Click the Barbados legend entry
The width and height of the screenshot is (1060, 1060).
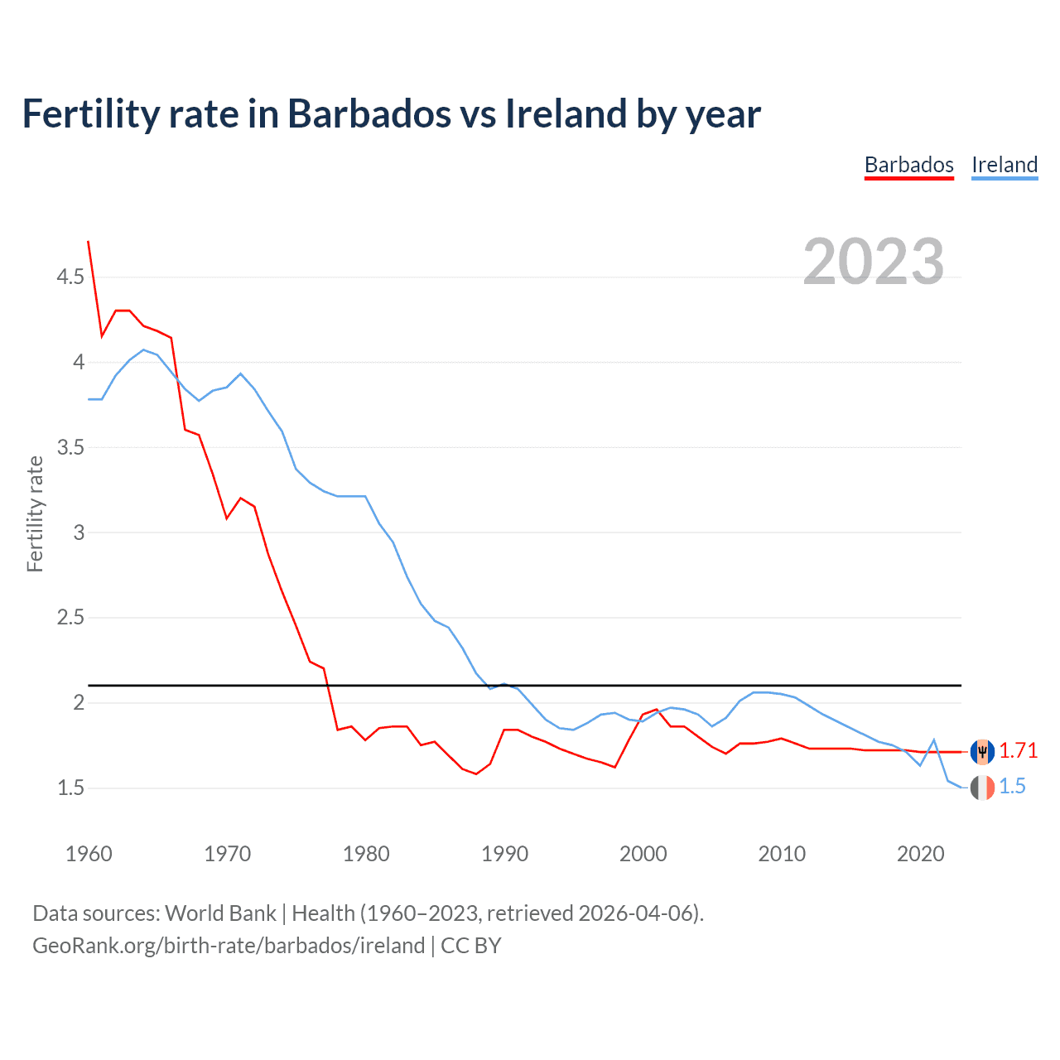pos(908,165)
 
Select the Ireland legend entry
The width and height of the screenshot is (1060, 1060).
pos(1004,165)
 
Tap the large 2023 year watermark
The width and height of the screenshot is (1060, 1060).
pos(874,262)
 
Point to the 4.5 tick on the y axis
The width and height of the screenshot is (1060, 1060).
pos(70,277)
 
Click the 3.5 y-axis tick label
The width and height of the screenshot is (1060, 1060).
pos(70,447)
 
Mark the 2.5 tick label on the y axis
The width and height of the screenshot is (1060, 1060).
pos(70,618)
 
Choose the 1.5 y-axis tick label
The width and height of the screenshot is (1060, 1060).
pos(70,788)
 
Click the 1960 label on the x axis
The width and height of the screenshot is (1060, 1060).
pos(89,854)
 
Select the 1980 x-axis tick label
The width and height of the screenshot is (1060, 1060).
pos(366,854)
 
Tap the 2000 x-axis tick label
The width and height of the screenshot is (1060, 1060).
pos(643,854)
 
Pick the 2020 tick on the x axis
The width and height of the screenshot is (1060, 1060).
pos(920,854)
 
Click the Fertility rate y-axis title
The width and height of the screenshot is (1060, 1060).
pos(35,513)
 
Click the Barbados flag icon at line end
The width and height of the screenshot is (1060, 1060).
pos(982,751)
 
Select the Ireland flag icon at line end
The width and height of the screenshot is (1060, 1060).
pos(982,788)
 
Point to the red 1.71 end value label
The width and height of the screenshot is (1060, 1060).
pos(1018,750)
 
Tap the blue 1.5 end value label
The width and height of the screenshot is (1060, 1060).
pos(1012,787)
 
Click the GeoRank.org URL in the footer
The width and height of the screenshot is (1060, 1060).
pos(229,946)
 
